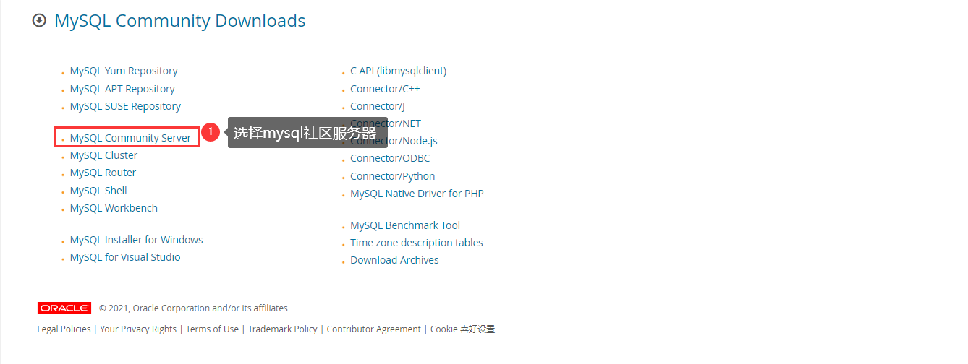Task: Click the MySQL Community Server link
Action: coord(130,138)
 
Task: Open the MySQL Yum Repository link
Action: coord(124,71)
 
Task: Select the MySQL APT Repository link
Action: coord(122,89)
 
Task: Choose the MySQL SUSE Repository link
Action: coord(125,106)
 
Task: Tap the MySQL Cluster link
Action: coord(103,155)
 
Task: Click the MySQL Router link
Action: coord(103,173)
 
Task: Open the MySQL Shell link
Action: coord(98,191)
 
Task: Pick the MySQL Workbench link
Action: coord(114,208)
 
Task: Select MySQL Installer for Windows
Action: coord(136,240)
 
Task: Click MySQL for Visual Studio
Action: coord(125,257)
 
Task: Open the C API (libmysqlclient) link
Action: coord(398,71)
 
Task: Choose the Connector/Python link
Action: coord(392,176)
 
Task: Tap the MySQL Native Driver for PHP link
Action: coord(417,194)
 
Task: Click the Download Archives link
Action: coord(394,260)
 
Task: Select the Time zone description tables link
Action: coord(416,243)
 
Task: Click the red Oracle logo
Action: coord(64,308)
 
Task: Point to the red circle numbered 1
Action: coord(210,132)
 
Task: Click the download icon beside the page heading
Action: coord(39,21)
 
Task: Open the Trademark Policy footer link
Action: coord(282,329)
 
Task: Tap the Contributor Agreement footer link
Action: coord(373,329)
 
